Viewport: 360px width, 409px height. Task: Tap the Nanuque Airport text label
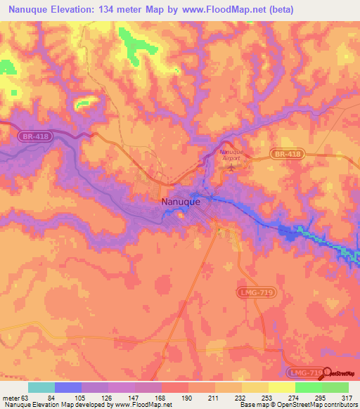coord(230,155)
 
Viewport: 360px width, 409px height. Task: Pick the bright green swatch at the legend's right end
coord(335,387)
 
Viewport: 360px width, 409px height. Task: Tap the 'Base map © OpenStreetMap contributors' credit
coord(297,405)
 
